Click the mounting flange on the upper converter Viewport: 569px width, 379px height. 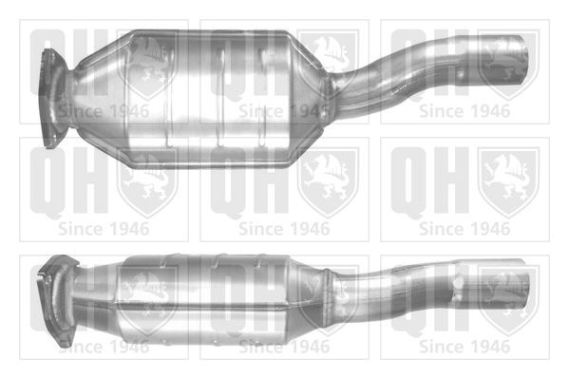(x=51, y=98)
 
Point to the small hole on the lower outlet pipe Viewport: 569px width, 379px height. (x=456, y=280)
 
